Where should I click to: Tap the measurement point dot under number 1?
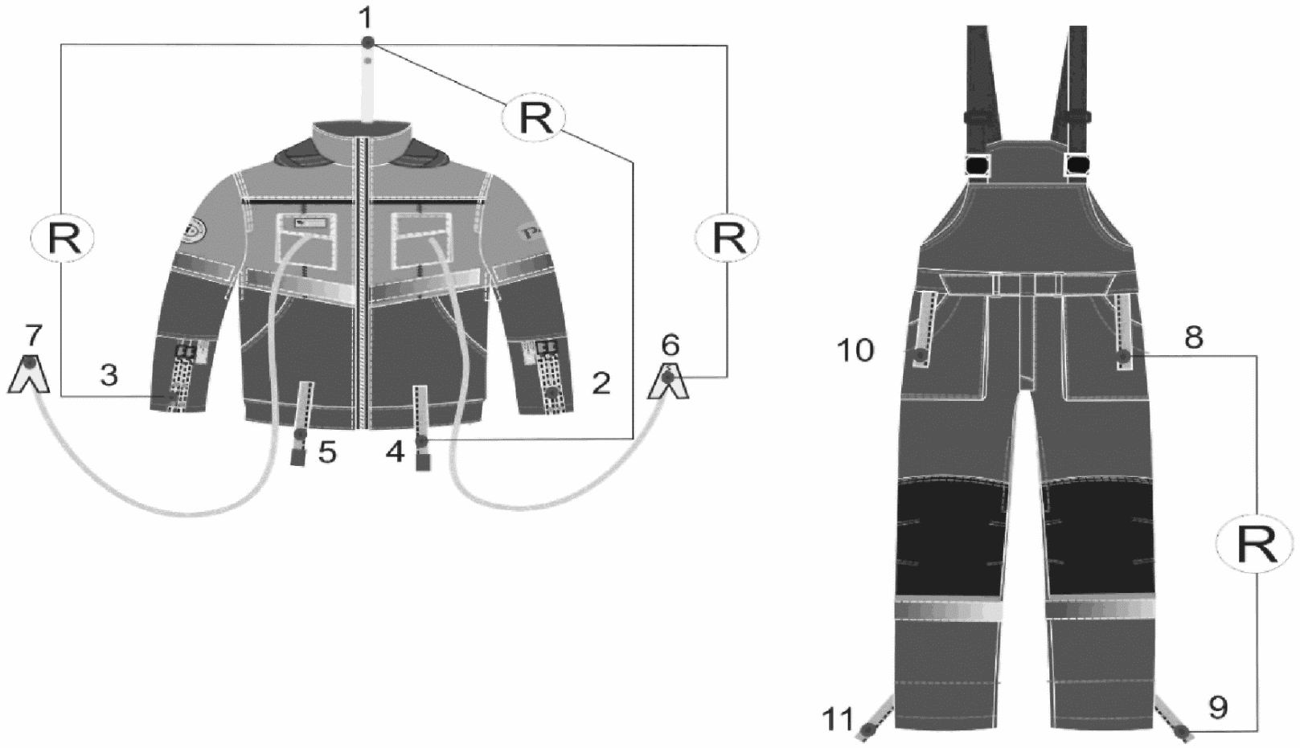[367, 43]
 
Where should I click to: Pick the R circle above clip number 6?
[728, 237]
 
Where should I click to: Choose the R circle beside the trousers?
[1255, 545]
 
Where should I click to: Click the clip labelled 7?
[28, 374]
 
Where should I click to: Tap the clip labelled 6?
[669, 381]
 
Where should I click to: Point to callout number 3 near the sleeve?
[109, 375]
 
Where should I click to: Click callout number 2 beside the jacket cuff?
[601, 383]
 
